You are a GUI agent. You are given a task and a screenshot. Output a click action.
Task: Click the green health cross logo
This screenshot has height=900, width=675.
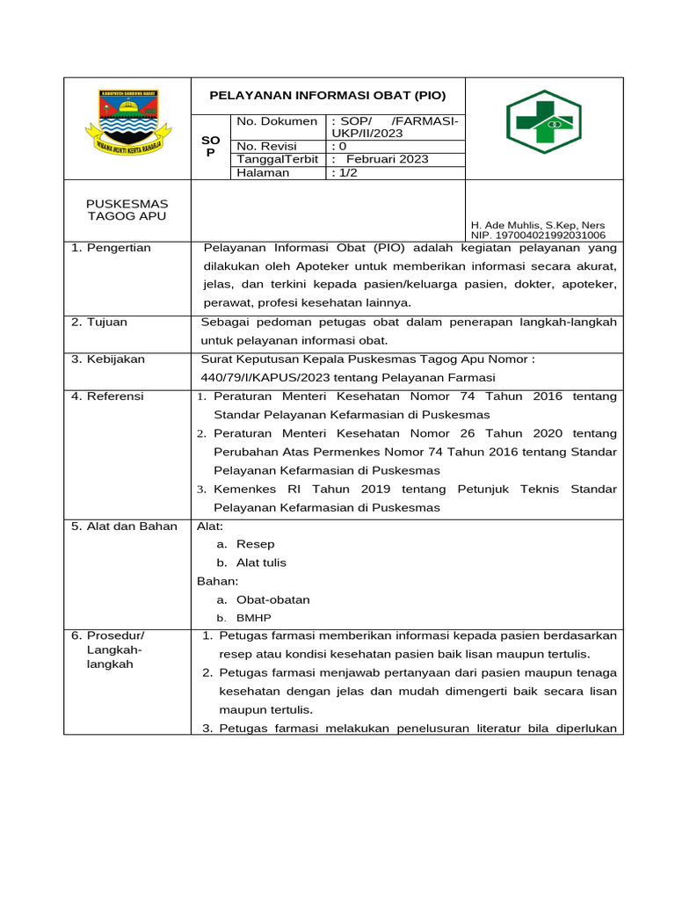click(543, 124)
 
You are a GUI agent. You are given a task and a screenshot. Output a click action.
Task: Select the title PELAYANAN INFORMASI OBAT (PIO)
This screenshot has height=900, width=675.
click(327, 95)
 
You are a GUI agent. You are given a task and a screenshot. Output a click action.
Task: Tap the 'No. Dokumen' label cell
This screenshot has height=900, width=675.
click(277, 120)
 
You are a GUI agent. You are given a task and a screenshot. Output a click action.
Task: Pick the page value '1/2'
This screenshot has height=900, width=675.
click(345, 173)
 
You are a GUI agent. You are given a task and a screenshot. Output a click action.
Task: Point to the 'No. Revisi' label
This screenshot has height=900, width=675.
click(267, 146)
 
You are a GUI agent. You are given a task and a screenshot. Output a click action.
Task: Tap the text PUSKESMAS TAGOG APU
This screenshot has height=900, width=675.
click(127, 210)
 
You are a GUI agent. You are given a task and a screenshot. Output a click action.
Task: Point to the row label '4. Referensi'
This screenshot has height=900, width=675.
click(108, 396)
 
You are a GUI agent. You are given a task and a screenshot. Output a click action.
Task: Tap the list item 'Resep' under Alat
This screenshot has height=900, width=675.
click(256, 545)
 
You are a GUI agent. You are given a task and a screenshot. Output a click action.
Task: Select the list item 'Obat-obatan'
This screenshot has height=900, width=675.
click(272, 599)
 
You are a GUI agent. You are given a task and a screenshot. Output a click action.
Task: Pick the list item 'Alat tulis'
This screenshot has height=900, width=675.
click(261, 562)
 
